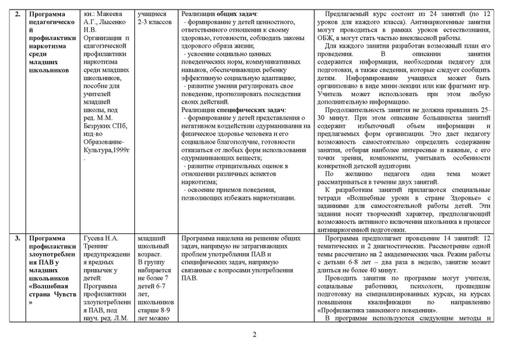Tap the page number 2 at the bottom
click(x=254, y=335)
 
